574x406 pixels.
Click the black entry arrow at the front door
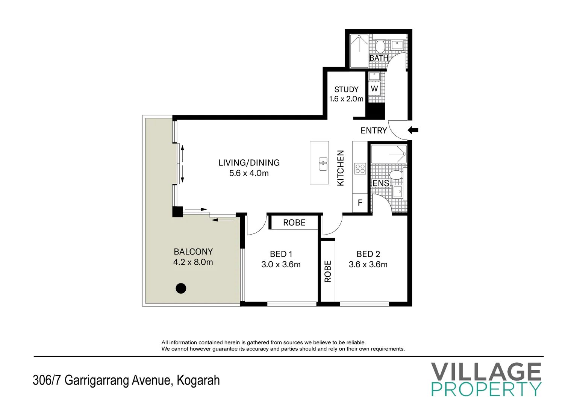pos(413,130)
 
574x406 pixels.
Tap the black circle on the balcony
pos(181,288)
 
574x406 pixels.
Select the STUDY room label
pos(346,89)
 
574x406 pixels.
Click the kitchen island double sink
pos(323,164)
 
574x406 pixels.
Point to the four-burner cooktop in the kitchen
pos(360,169)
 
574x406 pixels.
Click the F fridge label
pos(360,203)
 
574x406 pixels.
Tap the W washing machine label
pos(374,89)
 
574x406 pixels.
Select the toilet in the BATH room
pos(380,47)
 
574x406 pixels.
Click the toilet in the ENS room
pos(395,175)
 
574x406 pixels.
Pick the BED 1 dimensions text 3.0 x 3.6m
pos(281,265)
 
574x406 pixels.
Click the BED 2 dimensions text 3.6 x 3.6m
pos(368,265)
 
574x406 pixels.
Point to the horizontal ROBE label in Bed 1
pos(294,223)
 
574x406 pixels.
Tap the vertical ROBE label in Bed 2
pos(328,271)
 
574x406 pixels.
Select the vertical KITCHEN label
pos(341,168)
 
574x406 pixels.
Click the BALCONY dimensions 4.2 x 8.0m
pos(193,262)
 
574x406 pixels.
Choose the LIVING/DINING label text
pos(249,163)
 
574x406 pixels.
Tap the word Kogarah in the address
pos(198,380)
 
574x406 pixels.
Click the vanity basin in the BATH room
pos(397,45)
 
